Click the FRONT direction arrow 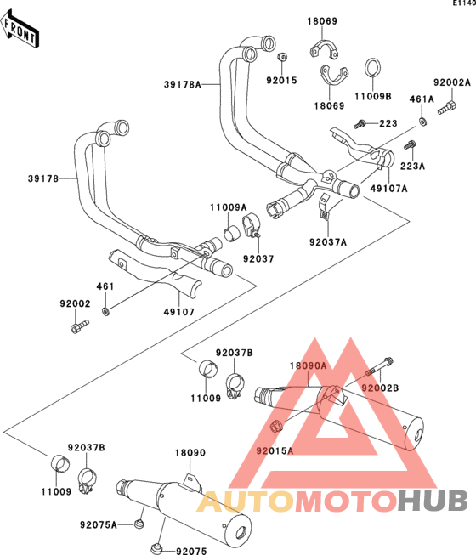click(x=20, y=30)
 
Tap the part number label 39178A click(x=182, y=85)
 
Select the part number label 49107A click(x=388, y=189)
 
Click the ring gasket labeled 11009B click(x=372, y=68)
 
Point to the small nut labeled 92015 click(x=282, y=57)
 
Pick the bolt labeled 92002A click(x=447, y=107)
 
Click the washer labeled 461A click(x=422, y=122)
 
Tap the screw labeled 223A click(x=410, y=145)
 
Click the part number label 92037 click(x=258, y=259)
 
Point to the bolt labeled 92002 click(x=80, y=326)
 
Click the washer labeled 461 click(x=105, y=311)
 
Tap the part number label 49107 click(x=179, y=312)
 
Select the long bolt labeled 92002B click(x=379, y=367)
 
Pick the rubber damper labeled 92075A click(x=139, y=524)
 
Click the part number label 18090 click(x=190, y=453)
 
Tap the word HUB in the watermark click(x=432, y=501)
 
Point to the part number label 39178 click(x=43, y=178)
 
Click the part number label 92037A click(x=328, y=242)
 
